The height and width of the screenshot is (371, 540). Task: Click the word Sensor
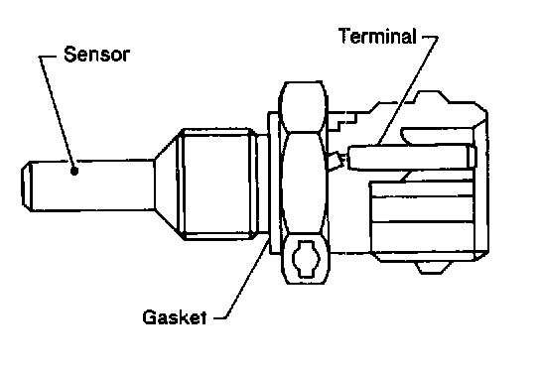pyautogui.click(x=96, y=55)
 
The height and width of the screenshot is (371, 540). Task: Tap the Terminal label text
pyautogui.click(x=377, y=36)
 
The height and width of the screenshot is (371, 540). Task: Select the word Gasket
pyautogui.click(x=175, y=317)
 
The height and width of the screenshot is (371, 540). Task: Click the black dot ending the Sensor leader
pyautogui.click(x=74, y=171)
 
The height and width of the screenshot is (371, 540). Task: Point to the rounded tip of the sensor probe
pyautogui.click(x=27, y=185)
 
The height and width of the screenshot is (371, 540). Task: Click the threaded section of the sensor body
pyautogui.click(x=218, y=185)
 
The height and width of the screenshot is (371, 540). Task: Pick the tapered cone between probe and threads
pyautogui.click(x=167, y=185)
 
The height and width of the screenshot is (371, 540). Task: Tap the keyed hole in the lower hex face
pyautogui.click(x=306, y=259)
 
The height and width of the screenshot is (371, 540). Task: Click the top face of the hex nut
pyautogui.click(x=303, y=107)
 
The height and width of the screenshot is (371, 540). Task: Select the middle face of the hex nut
pyautogui.click(x=303, y=184)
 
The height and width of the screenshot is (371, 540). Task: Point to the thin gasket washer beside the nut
pyautogui.click(x=275, y=184)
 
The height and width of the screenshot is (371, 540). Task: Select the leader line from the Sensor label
pyautogui.click(x=57, y=112)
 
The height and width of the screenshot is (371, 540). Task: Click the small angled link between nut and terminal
pyautogui.click(x=336, y=161)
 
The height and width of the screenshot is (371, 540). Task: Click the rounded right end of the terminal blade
pyautogui.click(x=472, y=157)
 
